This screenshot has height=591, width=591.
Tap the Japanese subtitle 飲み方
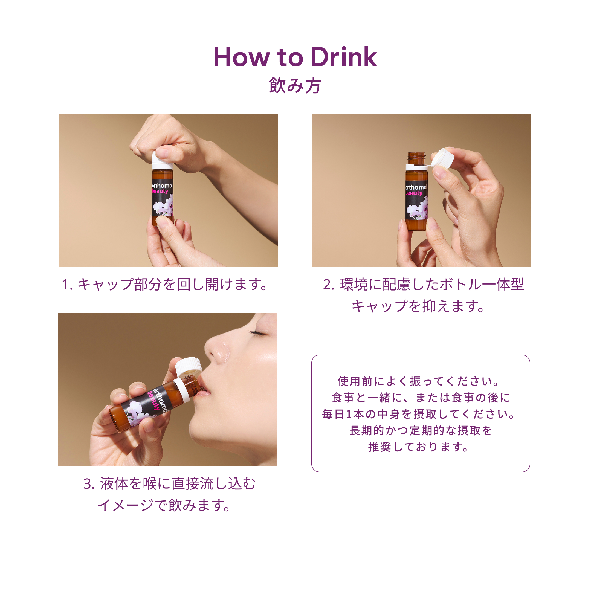pos(295,85)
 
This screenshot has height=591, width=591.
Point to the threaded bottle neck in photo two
pos(417,159)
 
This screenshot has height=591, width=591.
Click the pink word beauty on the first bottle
pos(160,191)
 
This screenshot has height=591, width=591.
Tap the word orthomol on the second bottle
pos(416,187)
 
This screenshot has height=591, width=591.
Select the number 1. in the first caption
pos(67,285)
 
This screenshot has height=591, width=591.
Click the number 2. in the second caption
pos(329,285)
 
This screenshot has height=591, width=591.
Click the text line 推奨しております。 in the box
pos(418,447)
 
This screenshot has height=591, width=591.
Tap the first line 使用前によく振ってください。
pos(418,381)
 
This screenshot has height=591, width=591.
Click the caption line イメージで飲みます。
pos(164,505)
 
